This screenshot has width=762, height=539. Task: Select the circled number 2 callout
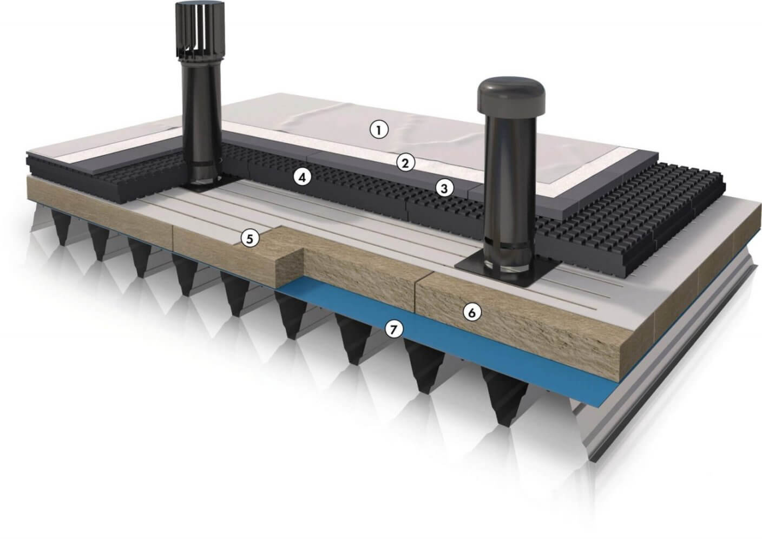tap(405, 163)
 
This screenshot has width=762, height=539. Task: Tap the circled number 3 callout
tap(444, 188)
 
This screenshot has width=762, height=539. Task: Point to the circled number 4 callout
tap(302, 177)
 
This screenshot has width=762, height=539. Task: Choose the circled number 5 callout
tap(250, 239)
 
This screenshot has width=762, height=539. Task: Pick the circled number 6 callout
tap(472, 312)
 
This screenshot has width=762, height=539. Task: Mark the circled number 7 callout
tap(393, 329)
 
